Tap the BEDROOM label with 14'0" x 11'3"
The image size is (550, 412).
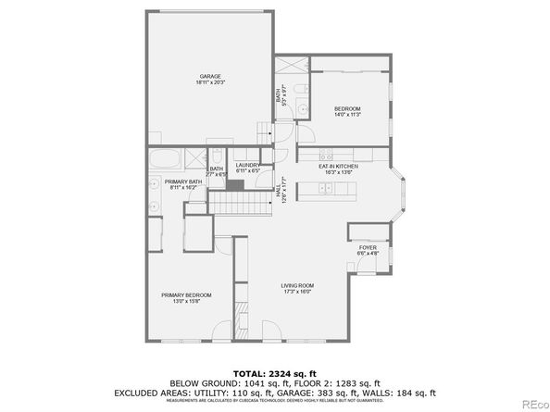pyautogui.click(x=347, y=111)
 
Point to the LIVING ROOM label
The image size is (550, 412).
pyautogui.click(x=298, y=288)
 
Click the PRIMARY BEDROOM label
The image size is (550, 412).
pyautogui.click(x=180, y=297)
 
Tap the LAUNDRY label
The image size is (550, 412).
pyautogui.click(x=247, y=168)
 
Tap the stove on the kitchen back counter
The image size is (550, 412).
pyautogui.click(x=326, y=151)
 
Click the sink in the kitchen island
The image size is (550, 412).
pyautogui.click(x=342, y=189)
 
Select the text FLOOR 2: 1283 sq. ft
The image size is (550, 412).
pyautogui.click(x=318, y=381)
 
